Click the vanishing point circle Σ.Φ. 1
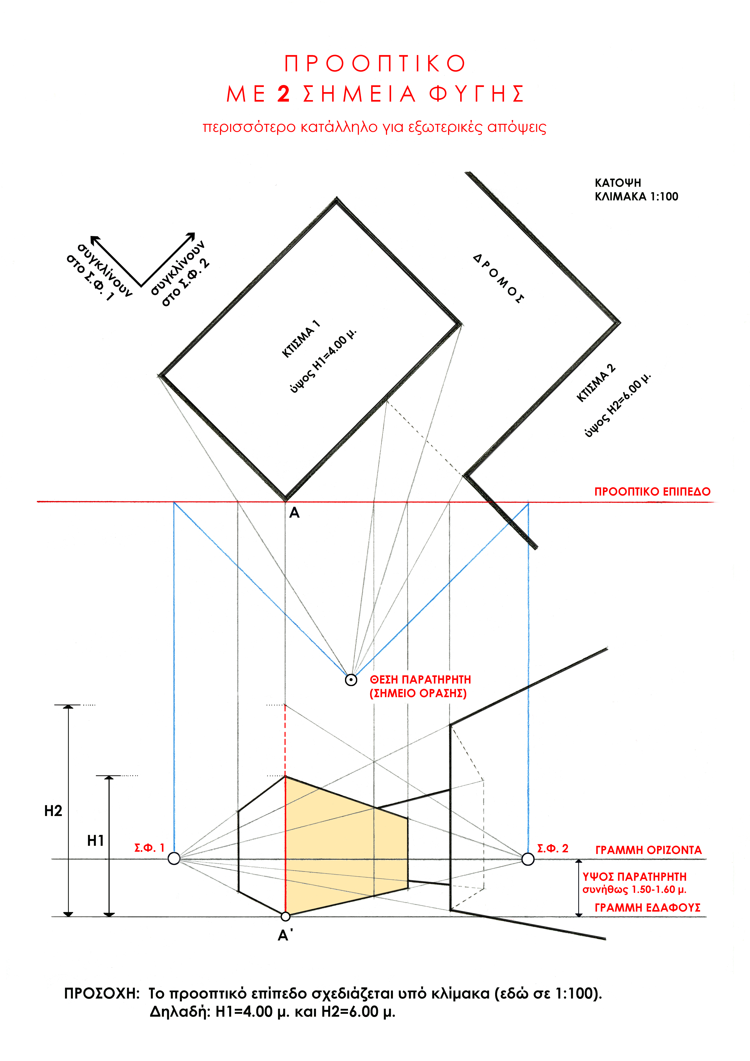click(x=174, y=859)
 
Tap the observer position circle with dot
click(x=351, y=680)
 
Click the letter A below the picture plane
click(x=294, y=513)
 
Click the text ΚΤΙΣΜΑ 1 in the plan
click(x=301, y=339)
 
